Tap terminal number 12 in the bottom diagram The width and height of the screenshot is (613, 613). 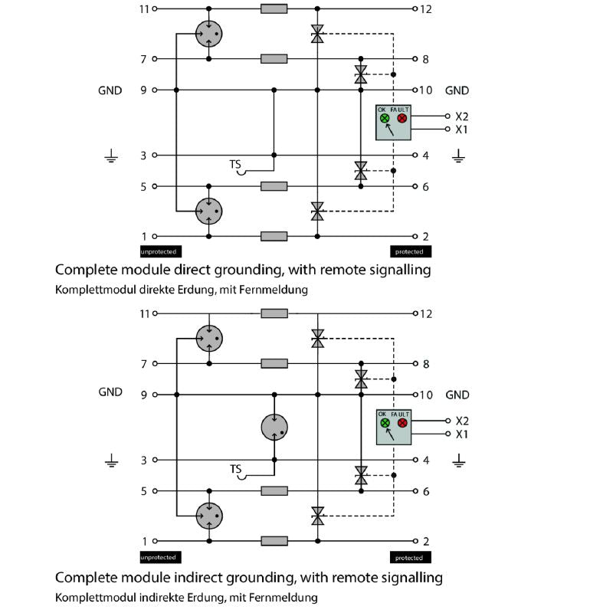(427, 313)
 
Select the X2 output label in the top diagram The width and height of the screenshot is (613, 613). (461, 116)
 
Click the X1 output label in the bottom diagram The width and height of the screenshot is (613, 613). (461, 434)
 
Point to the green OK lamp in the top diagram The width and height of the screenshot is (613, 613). (385, 119)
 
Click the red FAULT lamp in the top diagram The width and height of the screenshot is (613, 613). (401, 119)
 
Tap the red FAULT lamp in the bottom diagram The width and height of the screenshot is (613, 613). (401, 423)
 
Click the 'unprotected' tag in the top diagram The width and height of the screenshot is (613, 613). (159, 251)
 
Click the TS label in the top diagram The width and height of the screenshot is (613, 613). (235, 165)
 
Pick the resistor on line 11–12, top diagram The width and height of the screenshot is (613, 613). (274, 9)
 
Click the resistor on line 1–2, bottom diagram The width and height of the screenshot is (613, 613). (274, 541)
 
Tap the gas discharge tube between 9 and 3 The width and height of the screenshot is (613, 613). (274, 427)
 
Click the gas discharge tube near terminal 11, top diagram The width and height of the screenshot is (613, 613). (208, 33)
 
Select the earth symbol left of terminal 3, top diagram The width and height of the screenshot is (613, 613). (111, 158)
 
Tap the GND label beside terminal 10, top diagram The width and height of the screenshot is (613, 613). (457, 90)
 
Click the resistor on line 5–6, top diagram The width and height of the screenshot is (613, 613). (274, 186)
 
